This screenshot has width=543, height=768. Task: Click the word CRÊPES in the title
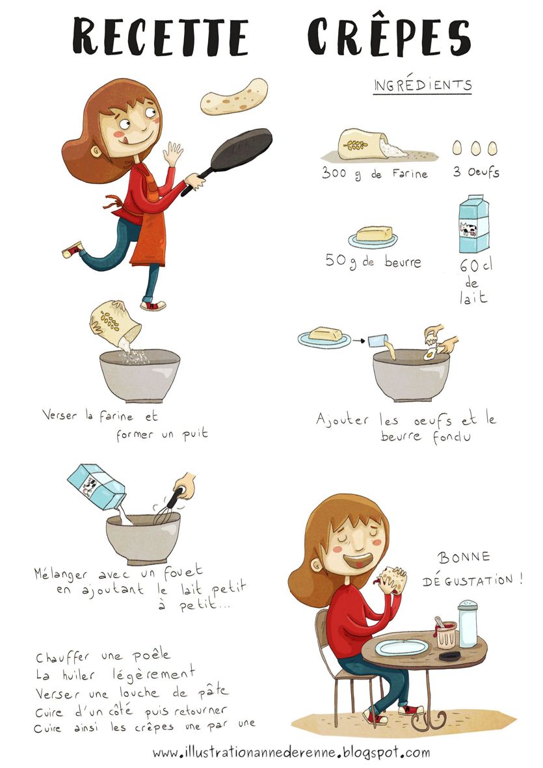(x=390, y=36)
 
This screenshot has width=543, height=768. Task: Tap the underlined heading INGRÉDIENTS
(x=423, y=85)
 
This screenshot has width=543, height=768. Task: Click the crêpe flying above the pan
(x=234, y=97)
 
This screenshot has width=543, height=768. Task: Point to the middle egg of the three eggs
(x=475, y=148)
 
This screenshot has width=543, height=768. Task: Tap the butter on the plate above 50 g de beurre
(x=373, y=233)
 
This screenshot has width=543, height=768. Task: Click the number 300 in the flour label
(x=334, y=172)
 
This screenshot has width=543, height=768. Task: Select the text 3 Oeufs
(x=476, y=172)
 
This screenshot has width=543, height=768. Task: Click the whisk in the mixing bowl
(x=166, y=507)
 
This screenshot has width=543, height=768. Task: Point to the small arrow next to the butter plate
(x=359, y=340)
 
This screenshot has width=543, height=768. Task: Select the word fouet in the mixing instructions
(x=183, y=571)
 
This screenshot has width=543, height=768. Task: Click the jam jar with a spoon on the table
(x=445, y=633)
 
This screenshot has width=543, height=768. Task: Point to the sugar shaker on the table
(x=468, y=623)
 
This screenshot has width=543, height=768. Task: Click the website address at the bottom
(x=291, y=752)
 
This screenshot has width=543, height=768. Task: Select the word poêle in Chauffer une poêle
(x=152, y=655)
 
